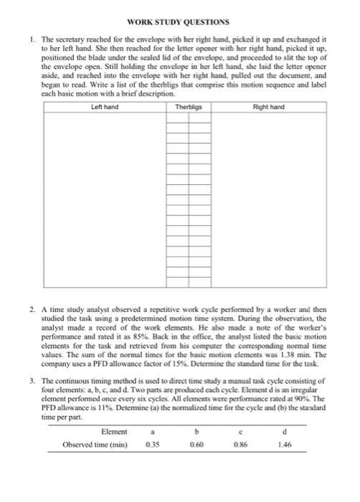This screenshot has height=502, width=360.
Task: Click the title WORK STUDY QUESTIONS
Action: (x=179, y=23)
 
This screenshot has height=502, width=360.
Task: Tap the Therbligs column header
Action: (x=189, y=107)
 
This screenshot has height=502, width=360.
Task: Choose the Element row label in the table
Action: (x=114, y=432)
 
